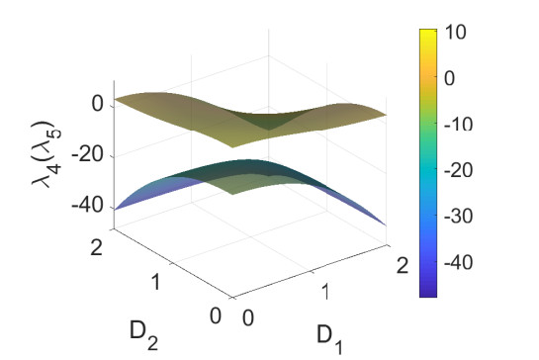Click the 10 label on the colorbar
coord(455,32)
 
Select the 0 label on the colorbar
coord(449,78)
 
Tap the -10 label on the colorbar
coord(458,124)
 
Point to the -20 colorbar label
coord(458,170)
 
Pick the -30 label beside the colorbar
coord(458,217)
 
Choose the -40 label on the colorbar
coord(458,263)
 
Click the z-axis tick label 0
coord(98,104)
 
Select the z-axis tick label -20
coord(87,155)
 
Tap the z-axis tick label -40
coord(87,207)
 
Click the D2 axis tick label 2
coord(97,247)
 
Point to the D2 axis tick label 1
coord(155,282)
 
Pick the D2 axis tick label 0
coord(216,315)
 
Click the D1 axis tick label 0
coord(248,318)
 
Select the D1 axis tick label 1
coord(325,292)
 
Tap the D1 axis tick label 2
coord(403,266)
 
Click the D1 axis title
coord(330,339)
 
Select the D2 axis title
coord(144,335)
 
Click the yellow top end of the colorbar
coord(428,30)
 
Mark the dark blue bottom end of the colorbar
coord(428,296)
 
